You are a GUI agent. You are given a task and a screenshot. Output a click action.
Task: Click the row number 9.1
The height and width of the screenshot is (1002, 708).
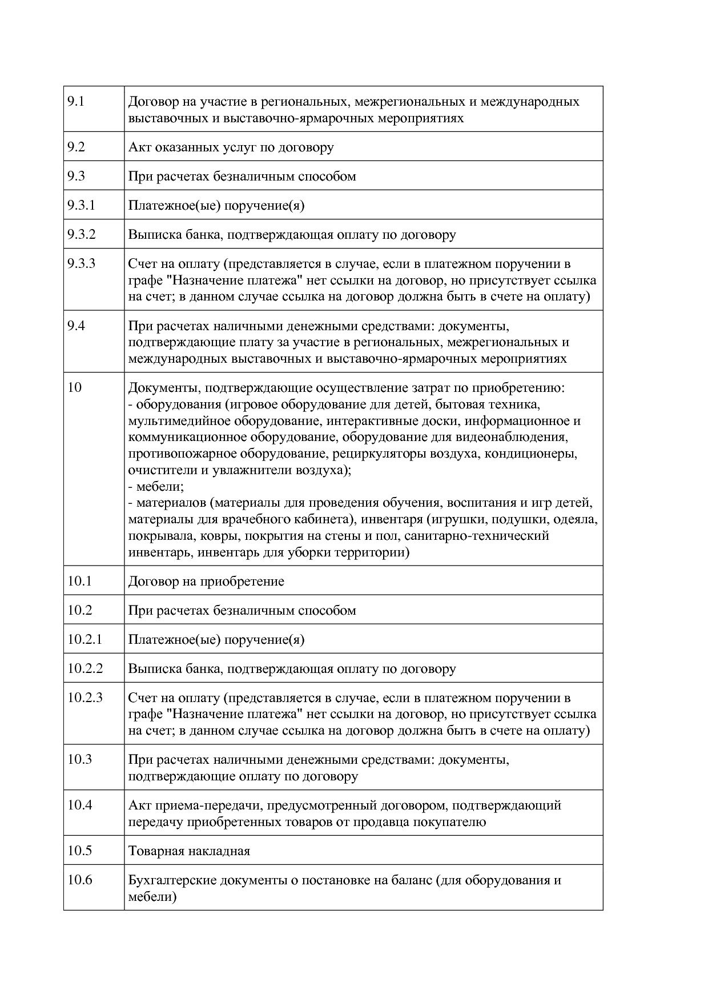[76, 102]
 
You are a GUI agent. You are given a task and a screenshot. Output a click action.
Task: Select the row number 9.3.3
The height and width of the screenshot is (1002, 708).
[81, 263]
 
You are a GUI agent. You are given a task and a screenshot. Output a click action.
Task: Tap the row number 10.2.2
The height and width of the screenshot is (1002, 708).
[85, 668]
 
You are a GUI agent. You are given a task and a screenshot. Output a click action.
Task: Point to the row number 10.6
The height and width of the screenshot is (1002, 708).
[79, 879]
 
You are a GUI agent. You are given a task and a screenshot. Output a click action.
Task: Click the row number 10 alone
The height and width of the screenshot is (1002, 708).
[74, 387]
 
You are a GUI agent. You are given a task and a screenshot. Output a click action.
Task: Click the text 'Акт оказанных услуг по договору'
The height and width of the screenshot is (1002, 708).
[231, 147]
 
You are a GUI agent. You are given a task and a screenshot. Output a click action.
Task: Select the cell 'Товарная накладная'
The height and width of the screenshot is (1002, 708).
[189, 851]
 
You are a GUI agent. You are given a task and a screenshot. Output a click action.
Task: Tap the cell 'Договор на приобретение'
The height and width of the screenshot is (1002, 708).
[206, 581]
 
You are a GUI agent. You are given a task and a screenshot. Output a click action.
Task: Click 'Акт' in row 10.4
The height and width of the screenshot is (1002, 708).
[139, 805]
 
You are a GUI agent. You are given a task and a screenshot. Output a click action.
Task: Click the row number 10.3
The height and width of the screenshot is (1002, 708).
[79, 759]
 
